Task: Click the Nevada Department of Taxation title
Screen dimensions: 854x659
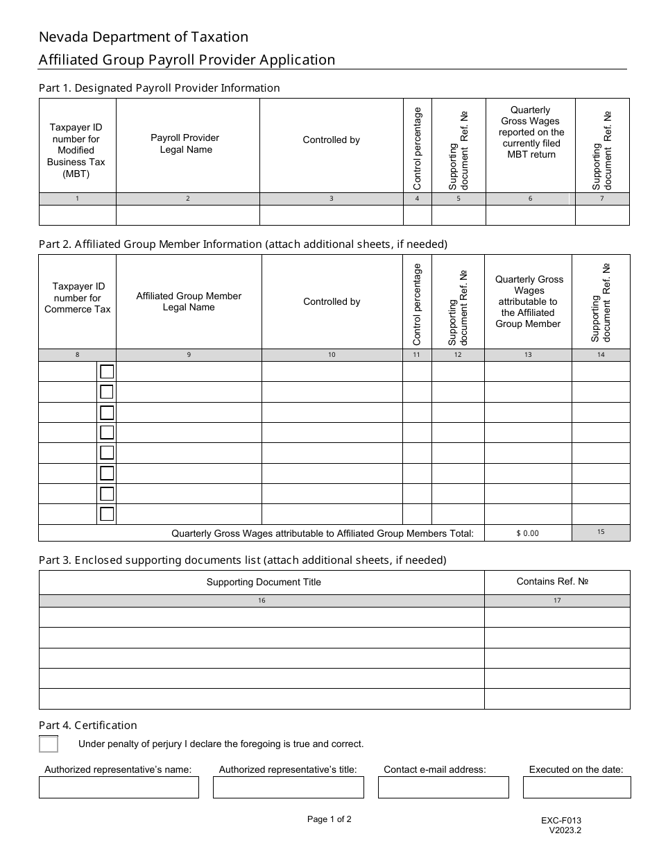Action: pos(143,37)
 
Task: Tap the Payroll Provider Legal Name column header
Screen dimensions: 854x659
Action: pos(185,144)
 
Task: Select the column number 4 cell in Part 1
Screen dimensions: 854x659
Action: pos(417,199)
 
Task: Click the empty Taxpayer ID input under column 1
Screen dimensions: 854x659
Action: pos(77,216)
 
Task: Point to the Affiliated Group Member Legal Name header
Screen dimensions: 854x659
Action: pos(189,301)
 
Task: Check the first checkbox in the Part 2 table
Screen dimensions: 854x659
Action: pos(107,371)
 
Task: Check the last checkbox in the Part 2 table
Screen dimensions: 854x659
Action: pos(107,514)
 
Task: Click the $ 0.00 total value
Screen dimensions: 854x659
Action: pos(527,533)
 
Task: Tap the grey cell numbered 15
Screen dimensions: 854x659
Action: pos(601,533)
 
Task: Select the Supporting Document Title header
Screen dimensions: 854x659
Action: pos(264,582)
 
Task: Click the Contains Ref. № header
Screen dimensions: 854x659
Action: pos(552,581)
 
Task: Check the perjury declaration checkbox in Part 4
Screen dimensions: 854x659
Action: pos(49,744)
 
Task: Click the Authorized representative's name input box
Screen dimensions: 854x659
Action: pos(119,787)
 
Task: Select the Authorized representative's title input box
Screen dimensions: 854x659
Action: pos(288,787)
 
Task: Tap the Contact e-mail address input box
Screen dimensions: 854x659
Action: pos(443,787)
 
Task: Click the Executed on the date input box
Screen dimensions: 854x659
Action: pos(576,787)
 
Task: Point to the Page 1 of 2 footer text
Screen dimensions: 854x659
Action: pos(329,819)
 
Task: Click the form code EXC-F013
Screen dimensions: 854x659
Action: pos(561,820)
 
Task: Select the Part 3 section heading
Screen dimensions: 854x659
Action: pos(242,560)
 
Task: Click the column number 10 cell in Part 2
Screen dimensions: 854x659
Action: pos(332,355)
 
